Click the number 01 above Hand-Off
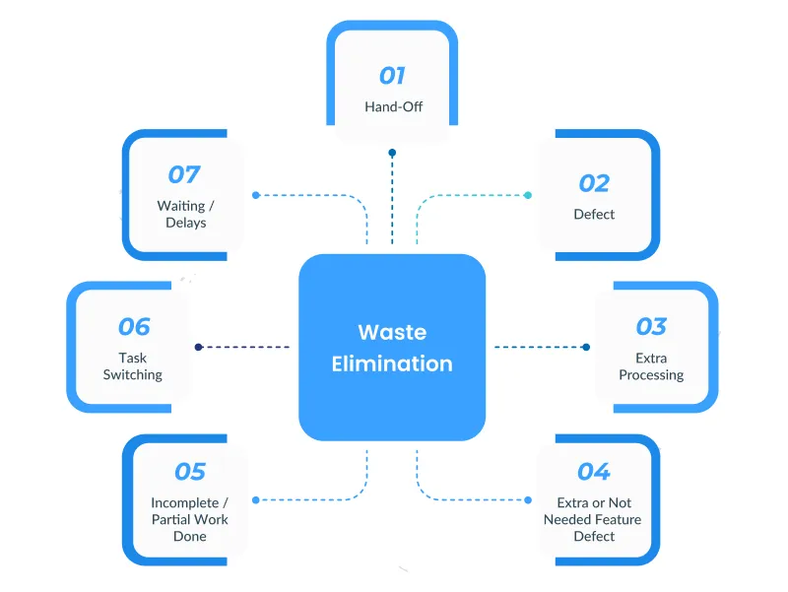point(392,76)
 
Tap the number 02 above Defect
point(594,183)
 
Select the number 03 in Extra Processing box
point(651,326)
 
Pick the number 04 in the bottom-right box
point(594,472)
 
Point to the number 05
point(190,472)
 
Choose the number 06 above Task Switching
point(134,326)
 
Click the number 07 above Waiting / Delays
point(184,175)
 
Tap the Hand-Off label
point(392,106)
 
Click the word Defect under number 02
point(594,214)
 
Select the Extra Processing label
point(651,366)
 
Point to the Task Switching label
point(134,366)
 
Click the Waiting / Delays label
point(184,215)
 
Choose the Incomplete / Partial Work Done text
point(190,519)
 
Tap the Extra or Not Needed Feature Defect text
point(594,519)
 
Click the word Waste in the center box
point(392,332)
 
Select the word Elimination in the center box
point(392,363)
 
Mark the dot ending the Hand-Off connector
point(392,153)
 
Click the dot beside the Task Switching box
point(198,347)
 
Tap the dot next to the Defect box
point(528,195)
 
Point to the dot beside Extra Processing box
point(586,347)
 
